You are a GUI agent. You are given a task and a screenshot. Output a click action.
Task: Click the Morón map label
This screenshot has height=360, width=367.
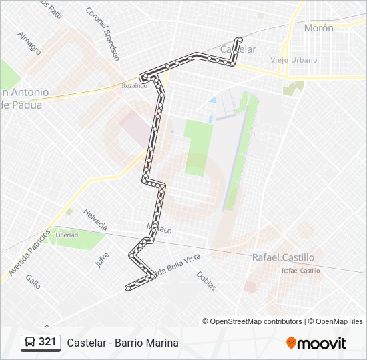[x=318, y=28]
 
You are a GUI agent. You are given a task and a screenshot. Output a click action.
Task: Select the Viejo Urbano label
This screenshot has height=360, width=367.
[x=294, y=60]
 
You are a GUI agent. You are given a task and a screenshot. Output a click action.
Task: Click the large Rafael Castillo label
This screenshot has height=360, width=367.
[x=282, y=257]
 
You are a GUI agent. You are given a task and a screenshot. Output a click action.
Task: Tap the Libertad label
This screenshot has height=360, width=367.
[x=67, y=235]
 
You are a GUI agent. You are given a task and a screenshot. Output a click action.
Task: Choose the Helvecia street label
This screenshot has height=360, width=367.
[x=95, y=219]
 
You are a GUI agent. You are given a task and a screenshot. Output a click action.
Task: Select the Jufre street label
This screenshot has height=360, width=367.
[x=101, y=259]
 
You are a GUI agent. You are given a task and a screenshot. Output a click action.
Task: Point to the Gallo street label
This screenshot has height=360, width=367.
[x=33, y=281]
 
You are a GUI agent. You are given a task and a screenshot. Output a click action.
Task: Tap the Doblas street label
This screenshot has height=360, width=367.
[x=206, y=281]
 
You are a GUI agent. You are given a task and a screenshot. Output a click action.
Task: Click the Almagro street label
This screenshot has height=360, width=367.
[x=29, y=43]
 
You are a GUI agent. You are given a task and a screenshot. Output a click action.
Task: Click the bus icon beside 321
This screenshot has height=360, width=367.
[x=30, y=343]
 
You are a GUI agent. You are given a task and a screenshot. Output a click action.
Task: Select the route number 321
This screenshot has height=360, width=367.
[x=47, y=342]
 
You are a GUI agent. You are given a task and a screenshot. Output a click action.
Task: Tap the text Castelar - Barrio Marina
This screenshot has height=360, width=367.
[x=123, y=343]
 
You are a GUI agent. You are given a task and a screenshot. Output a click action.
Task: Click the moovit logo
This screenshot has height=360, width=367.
[x=316, y=343]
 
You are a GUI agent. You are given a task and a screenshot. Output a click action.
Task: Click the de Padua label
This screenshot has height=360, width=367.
[x=21, y=105]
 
